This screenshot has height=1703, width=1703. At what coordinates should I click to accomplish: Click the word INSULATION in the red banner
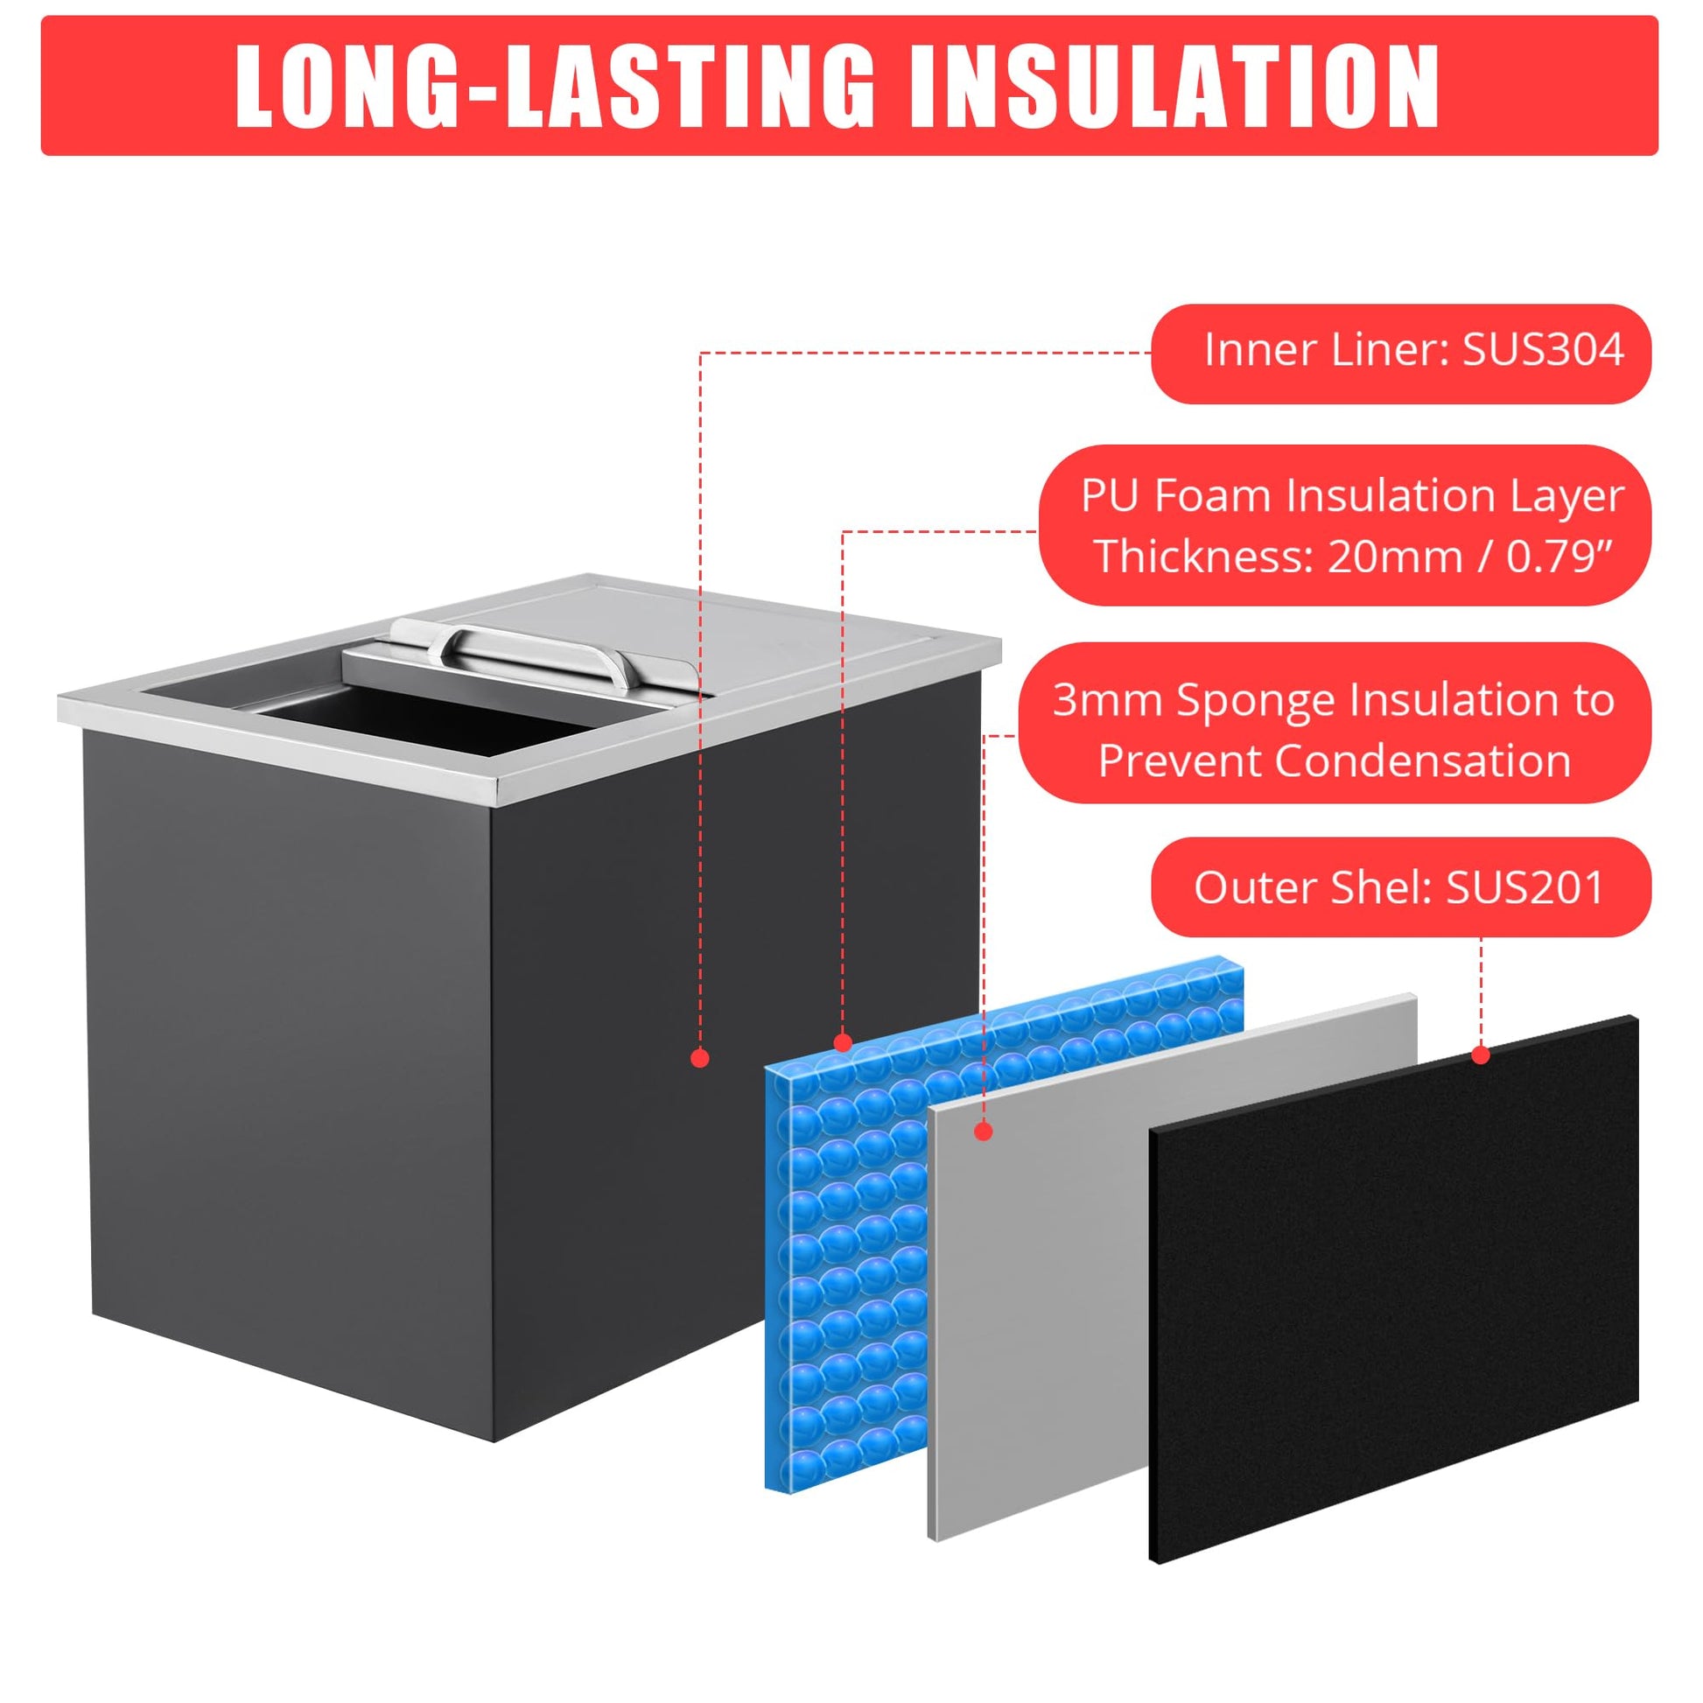1175,88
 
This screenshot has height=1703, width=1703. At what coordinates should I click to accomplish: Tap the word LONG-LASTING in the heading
555,88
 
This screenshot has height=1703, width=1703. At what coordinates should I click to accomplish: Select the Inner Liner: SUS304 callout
1401,354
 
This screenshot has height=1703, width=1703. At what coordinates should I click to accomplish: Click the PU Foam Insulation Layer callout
1344,525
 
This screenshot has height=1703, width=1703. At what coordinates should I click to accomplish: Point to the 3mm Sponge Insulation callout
1335,722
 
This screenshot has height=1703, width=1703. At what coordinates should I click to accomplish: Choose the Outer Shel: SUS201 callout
1401,887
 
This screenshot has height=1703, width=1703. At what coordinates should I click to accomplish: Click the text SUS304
1543,350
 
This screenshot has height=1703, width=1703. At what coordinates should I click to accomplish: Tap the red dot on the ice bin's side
700,1058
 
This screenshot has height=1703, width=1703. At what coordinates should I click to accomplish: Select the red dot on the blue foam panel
843,1044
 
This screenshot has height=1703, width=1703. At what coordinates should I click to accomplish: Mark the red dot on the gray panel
985,1131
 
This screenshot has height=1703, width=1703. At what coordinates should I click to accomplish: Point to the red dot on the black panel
1481,1055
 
